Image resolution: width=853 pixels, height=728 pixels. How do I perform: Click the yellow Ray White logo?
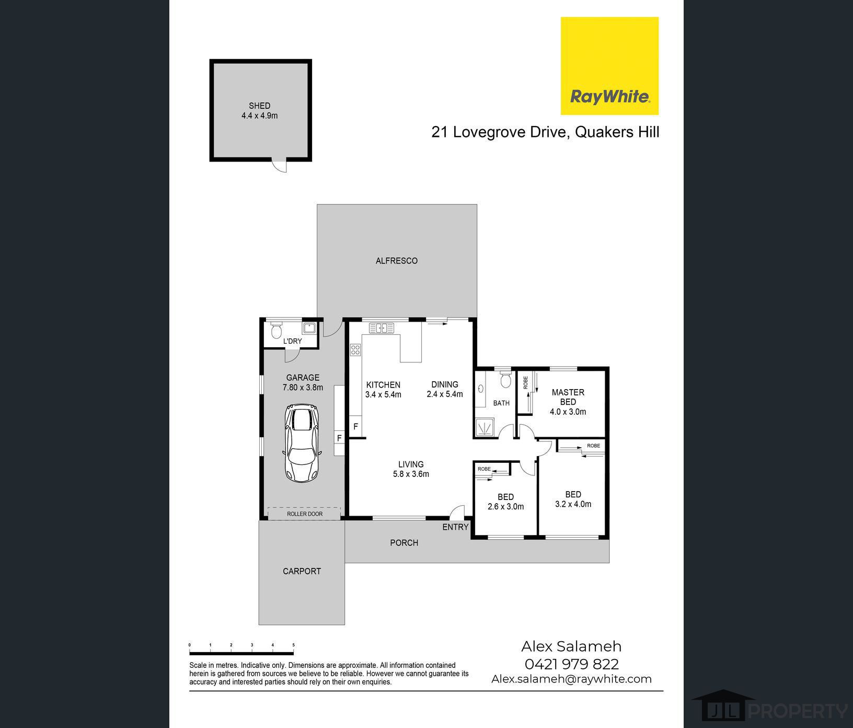(x=609, y=66)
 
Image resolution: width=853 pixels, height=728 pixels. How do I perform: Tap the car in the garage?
(x=301, y=443)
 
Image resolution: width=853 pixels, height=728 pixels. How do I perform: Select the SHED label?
(x=259, y=106)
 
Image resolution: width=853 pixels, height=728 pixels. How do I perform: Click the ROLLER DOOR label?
(x=305, y=514)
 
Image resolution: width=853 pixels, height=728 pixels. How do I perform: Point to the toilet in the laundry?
(x=276, y=329)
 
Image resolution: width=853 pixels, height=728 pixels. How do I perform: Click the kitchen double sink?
(x=382, y=328)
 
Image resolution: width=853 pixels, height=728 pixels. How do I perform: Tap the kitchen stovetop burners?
(x=355, y=350)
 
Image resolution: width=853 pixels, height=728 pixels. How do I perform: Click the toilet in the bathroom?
(x=505, y=380)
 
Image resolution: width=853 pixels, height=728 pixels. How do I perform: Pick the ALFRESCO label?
(x=397, y=260)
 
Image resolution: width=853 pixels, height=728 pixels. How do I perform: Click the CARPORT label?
(x=302, y=571)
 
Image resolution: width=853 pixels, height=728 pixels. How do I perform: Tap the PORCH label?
(x=404, y=543)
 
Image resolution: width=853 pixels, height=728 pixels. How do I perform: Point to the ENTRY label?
(x=455, y=527)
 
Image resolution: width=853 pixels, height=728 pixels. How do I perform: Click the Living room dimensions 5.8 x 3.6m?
(x=411, y=474)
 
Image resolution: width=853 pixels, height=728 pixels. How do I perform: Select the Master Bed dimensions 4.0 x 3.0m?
(x=568, y=412)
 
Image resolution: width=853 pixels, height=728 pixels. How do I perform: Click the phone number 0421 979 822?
(x=571, y=664)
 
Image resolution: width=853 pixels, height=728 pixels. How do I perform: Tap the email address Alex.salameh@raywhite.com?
(x=571, y=679)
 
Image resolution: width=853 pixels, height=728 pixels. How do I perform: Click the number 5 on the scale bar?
(x=294, y=645)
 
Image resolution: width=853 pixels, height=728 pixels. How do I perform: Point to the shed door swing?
(x=279, y=166)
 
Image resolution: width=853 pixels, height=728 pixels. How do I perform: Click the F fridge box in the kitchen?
(x=356, y=427)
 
